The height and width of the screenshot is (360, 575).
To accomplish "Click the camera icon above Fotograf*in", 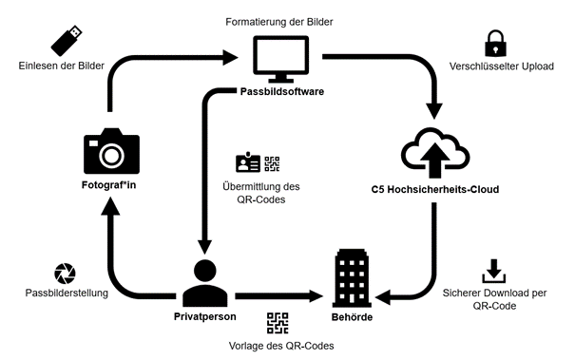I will [111, 150].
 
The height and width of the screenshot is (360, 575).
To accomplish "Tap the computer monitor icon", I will [281, 58].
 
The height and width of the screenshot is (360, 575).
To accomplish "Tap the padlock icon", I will [494, 44].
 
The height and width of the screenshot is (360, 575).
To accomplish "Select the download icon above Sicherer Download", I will [494, 270].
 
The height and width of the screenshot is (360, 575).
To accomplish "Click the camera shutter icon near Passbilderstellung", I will [65, 274].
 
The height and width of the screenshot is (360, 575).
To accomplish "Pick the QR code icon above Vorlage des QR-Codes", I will [277, 324].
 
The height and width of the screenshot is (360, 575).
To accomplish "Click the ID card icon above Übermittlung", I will [247, 162].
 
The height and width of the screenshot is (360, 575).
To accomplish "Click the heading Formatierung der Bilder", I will [280, 19].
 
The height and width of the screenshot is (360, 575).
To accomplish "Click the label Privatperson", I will [203, 313].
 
